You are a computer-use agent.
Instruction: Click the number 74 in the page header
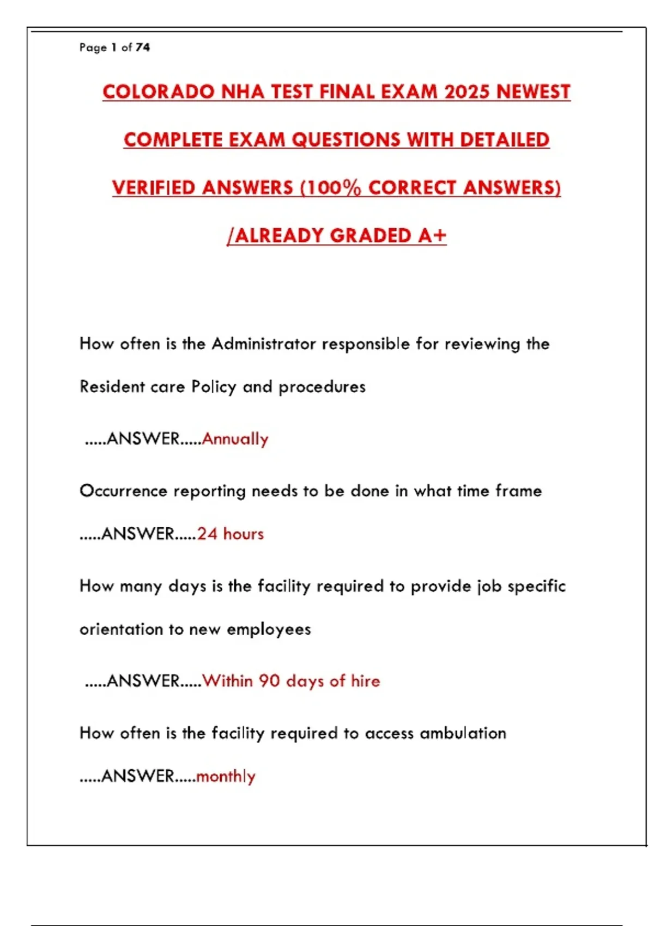pyautogui.click(x=142, y=47)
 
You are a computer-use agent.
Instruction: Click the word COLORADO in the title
pyautogui.click(x=158, y=92)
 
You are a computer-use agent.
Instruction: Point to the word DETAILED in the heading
pyautogui.click(x=504, y=139)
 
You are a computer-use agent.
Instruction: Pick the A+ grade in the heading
pyautogui.click(x=432, y=235)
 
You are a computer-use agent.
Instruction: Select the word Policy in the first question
pyautogui.click(x=214, y=387)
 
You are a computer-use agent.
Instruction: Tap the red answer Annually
pyautogui.click(x=235, y=439)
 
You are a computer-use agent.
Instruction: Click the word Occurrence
pyautogui.click(x=123, y=491)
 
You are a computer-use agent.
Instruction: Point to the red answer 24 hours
pyautogui.click(x=230, y=534)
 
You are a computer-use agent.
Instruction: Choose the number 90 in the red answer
pyautogui.click(x=269, y=681)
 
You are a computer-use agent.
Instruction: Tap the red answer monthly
pyautogui.click(x=226, y=776)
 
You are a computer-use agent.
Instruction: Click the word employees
pyautogui.click(x=269, y=630)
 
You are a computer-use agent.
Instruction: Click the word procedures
pyautogui.click(x=322, y=387)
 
